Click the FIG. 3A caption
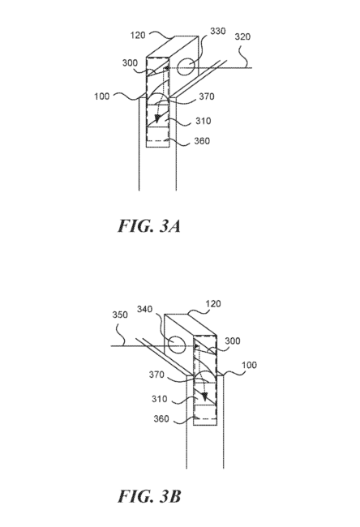pos(149,225)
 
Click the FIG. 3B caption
pos(149,496)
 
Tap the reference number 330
pos(218,31)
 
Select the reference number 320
pos(242,36)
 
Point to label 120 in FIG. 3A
pos(138,35)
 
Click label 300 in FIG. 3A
pos(130,63)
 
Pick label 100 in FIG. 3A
pos(102,96)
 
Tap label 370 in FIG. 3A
pos(207,96)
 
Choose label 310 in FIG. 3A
pos(203,121)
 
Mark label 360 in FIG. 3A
pos(202,141)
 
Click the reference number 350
pos(120,315)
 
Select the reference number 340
pos(144,309)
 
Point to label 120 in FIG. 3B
pos(213,304)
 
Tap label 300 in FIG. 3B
pos(233,341)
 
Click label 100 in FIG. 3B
pos(249,365)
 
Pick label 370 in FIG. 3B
pos(156,375)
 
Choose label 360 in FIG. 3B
pos(161,419)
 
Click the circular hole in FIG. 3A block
pos(186,67)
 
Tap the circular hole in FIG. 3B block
pos(176,345)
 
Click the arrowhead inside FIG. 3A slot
pos(157,118)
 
